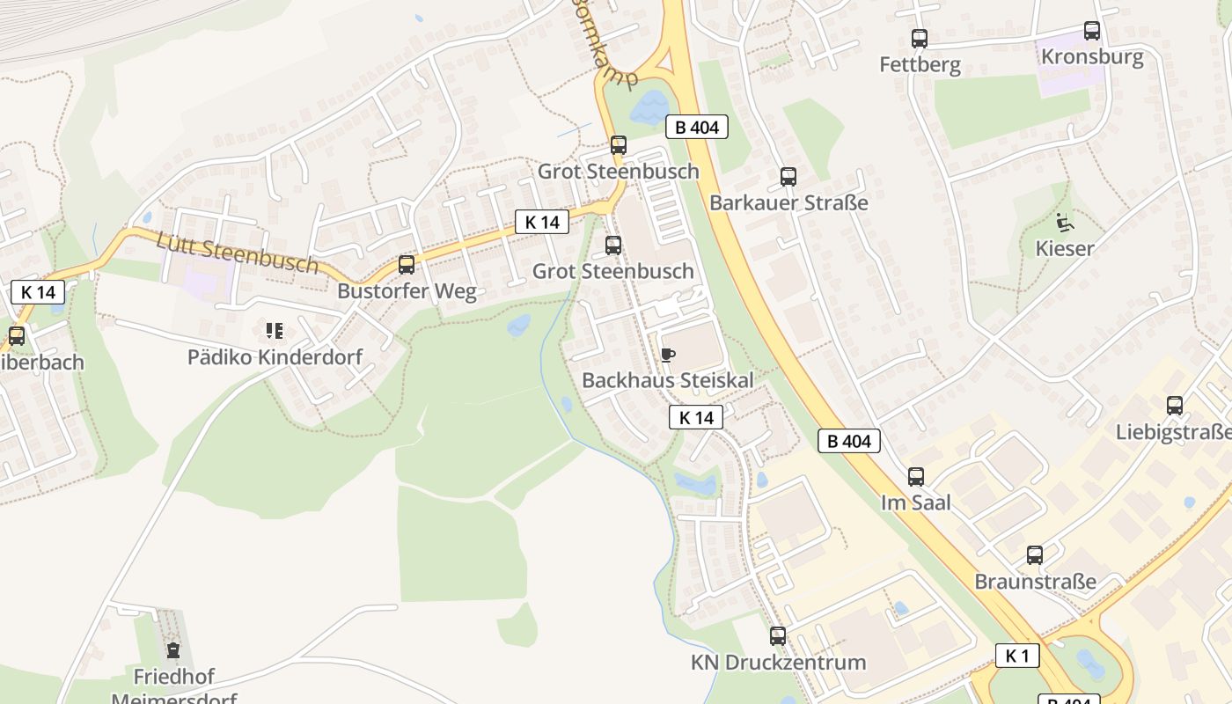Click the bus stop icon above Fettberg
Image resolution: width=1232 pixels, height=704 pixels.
point(920,39)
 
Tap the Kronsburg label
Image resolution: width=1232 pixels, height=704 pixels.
point(1092,57)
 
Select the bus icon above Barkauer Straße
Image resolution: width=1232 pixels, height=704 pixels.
point(788,177)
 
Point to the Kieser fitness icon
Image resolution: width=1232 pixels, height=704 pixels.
point(1064,222)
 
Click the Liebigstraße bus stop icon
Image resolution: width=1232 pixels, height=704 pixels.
point(1175,406)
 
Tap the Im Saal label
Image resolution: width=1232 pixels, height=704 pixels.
point(916,502)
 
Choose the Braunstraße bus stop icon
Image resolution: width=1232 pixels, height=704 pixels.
point(1035,555)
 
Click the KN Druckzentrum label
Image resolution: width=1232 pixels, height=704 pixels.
point(778,663)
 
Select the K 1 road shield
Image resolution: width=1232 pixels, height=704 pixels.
point(1017,656)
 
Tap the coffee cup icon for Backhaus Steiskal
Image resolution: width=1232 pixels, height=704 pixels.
point(668,355)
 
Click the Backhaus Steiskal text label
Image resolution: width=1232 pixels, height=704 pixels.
point(668,381)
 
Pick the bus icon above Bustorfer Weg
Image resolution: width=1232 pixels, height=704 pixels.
point(407,265)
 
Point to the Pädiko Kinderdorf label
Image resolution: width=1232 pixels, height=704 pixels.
point(275,357)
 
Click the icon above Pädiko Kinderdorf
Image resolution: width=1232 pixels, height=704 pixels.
point(275,331)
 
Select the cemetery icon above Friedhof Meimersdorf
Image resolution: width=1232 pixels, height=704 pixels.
point(173,651)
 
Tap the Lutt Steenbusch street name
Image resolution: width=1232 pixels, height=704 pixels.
point(238,252)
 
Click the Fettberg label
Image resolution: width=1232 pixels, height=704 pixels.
point(920,65)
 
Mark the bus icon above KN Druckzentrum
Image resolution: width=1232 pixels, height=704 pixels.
point(778,636)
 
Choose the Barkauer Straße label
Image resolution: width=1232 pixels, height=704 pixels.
point(788,203)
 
